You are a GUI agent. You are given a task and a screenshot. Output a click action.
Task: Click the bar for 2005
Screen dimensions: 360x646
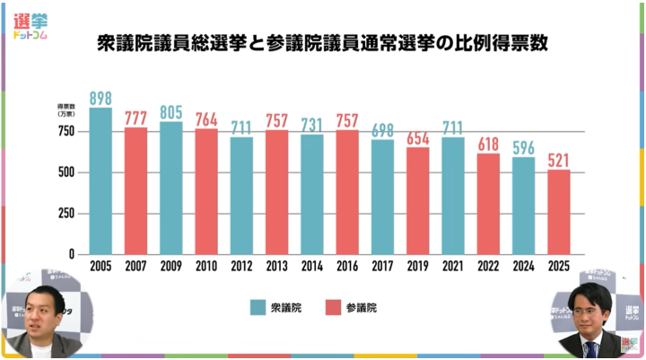point(100,180)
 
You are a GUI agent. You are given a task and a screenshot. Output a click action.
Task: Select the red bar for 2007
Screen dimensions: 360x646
point(135,190)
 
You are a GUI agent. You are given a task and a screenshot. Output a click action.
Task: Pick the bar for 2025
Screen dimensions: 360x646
point(559,212)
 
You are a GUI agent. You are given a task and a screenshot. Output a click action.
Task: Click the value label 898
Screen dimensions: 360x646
point(100,98)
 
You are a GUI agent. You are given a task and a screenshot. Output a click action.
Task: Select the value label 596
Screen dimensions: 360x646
point(524,147)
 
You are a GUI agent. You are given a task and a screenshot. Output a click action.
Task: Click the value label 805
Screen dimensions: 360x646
point(171,113)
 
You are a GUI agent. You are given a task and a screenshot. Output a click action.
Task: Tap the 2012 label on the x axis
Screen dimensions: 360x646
point(241,266)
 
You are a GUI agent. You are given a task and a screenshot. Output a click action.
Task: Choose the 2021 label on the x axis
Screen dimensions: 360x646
point(453,266)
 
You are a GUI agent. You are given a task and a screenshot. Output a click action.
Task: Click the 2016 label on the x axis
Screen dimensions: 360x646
point(347,266)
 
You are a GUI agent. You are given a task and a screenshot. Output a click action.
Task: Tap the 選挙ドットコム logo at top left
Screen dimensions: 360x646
point(31,26)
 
